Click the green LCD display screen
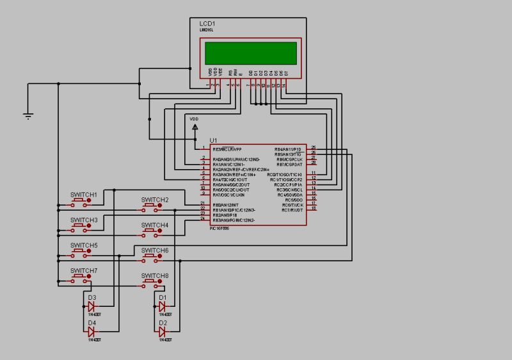pos(251,53)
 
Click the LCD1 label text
pos(207,23)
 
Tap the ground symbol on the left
pos(28,115)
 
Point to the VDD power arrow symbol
pos(195,127)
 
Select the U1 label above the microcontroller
pos(214,140)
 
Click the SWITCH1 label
pos(83,194)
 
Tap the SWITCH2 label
pos(155,200)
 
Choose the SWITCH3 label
pos(83,220)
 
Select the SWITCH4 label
pos(155,225)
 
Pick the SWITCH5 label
pos(83,245)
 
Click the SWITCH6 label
pos(155,250)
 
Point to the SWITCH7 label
pos(83,271)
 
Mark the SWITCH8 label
pos(155,276)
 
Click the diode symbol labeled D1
pos(163,306)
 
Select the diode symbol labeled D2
pos(163,331)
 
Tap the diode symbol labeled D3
pos(92,306)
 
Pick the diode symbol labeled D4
pos(92,331)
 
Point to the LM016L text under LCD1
pos(205,29)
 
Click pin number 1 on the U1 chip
pos(203,147)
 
